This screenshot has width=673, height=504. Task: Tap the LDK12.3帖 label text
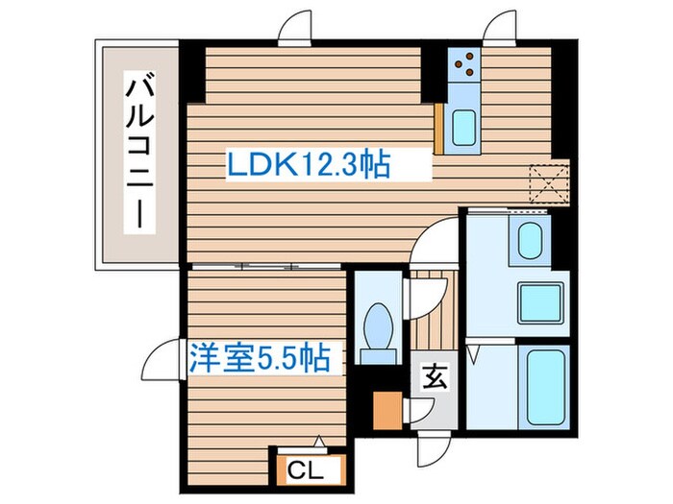tap(308, 166)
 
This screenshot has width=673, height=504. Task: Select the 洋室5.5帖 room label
tap(262, 359)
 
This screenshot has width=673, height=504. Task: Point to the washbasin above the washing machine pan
tap(530, 240)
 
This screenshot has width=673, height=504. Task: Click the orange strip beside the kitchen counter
tap(438, 128)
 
